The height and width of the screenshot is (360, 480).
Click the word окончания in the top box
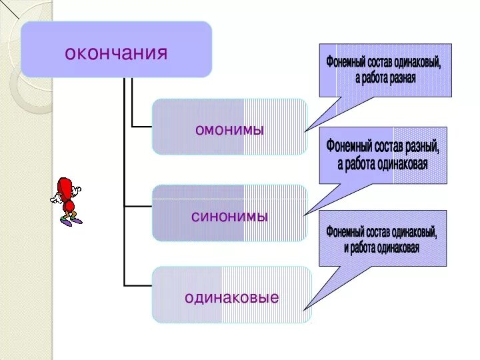point(116,52)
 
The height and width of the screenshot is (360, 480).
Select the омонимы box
point(230,127)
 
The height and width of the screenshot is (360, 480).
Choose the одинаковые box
point(231,295)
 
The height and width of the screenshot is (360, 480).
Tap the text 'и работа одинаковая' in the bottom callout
point(381,247)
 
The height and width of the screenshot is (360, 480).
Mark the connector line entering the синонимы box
point(139,206)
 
